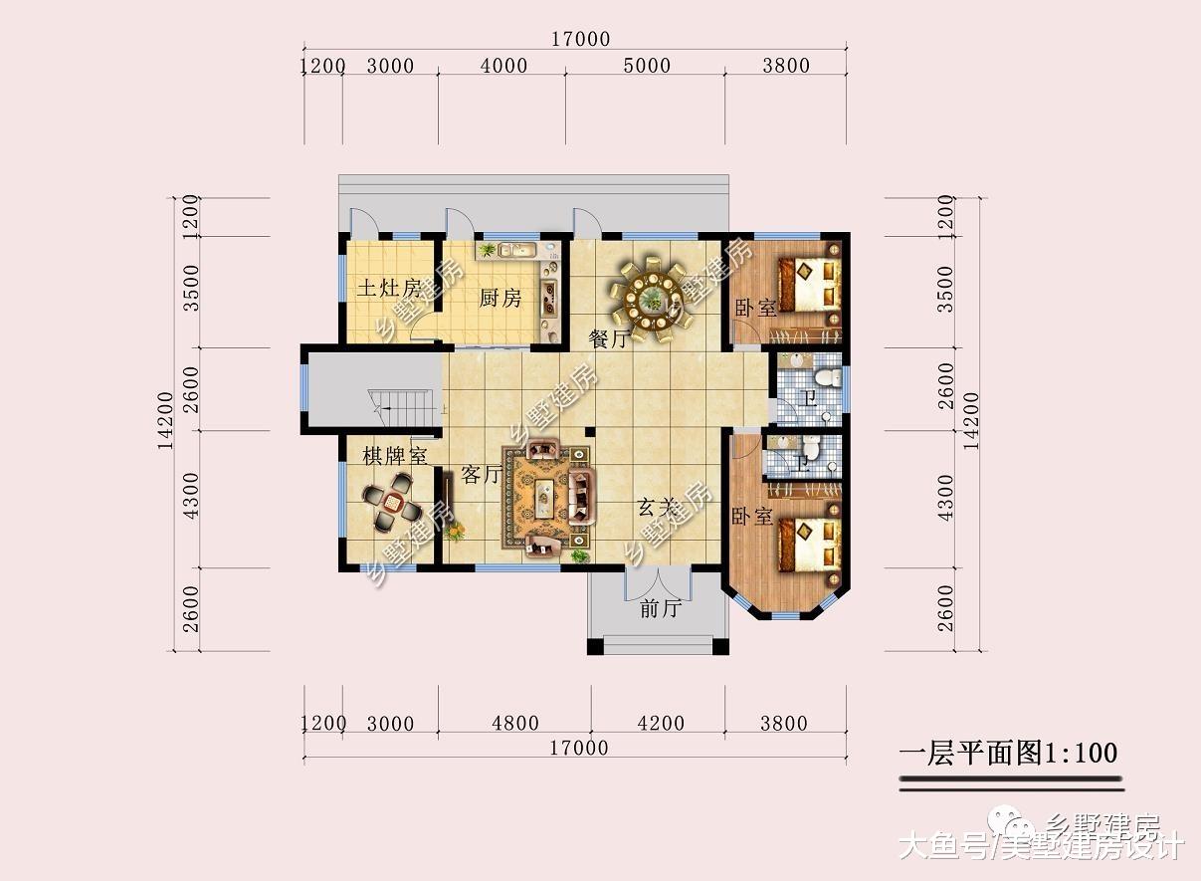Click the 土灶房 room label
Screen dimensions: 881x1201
point(389,290)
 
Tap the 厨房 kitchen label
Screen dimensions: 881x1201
point(500,299)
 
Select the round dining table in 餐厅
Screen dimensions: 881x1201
point(652,295)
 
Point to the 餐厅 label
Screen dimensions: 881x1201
point(609,339)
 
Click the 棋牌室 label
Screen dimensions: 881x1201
point(395,457)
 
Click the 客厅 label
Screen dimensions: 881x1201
point(482,475)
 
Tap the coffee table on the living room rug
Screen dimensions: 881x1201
point(546,497)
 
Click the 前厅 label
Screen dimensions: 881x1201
point(659,608)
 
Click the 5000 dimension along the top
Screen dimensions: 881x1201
point(646,67)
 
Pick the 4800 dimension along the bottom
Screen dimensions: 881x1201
point(514,724)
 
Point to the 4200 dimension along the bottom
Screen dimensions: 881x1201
point(660,724)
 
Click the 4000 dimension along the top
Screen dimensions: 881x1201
point(503,67)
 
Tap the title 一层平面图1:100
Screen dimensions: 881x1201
point(1008,754)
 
